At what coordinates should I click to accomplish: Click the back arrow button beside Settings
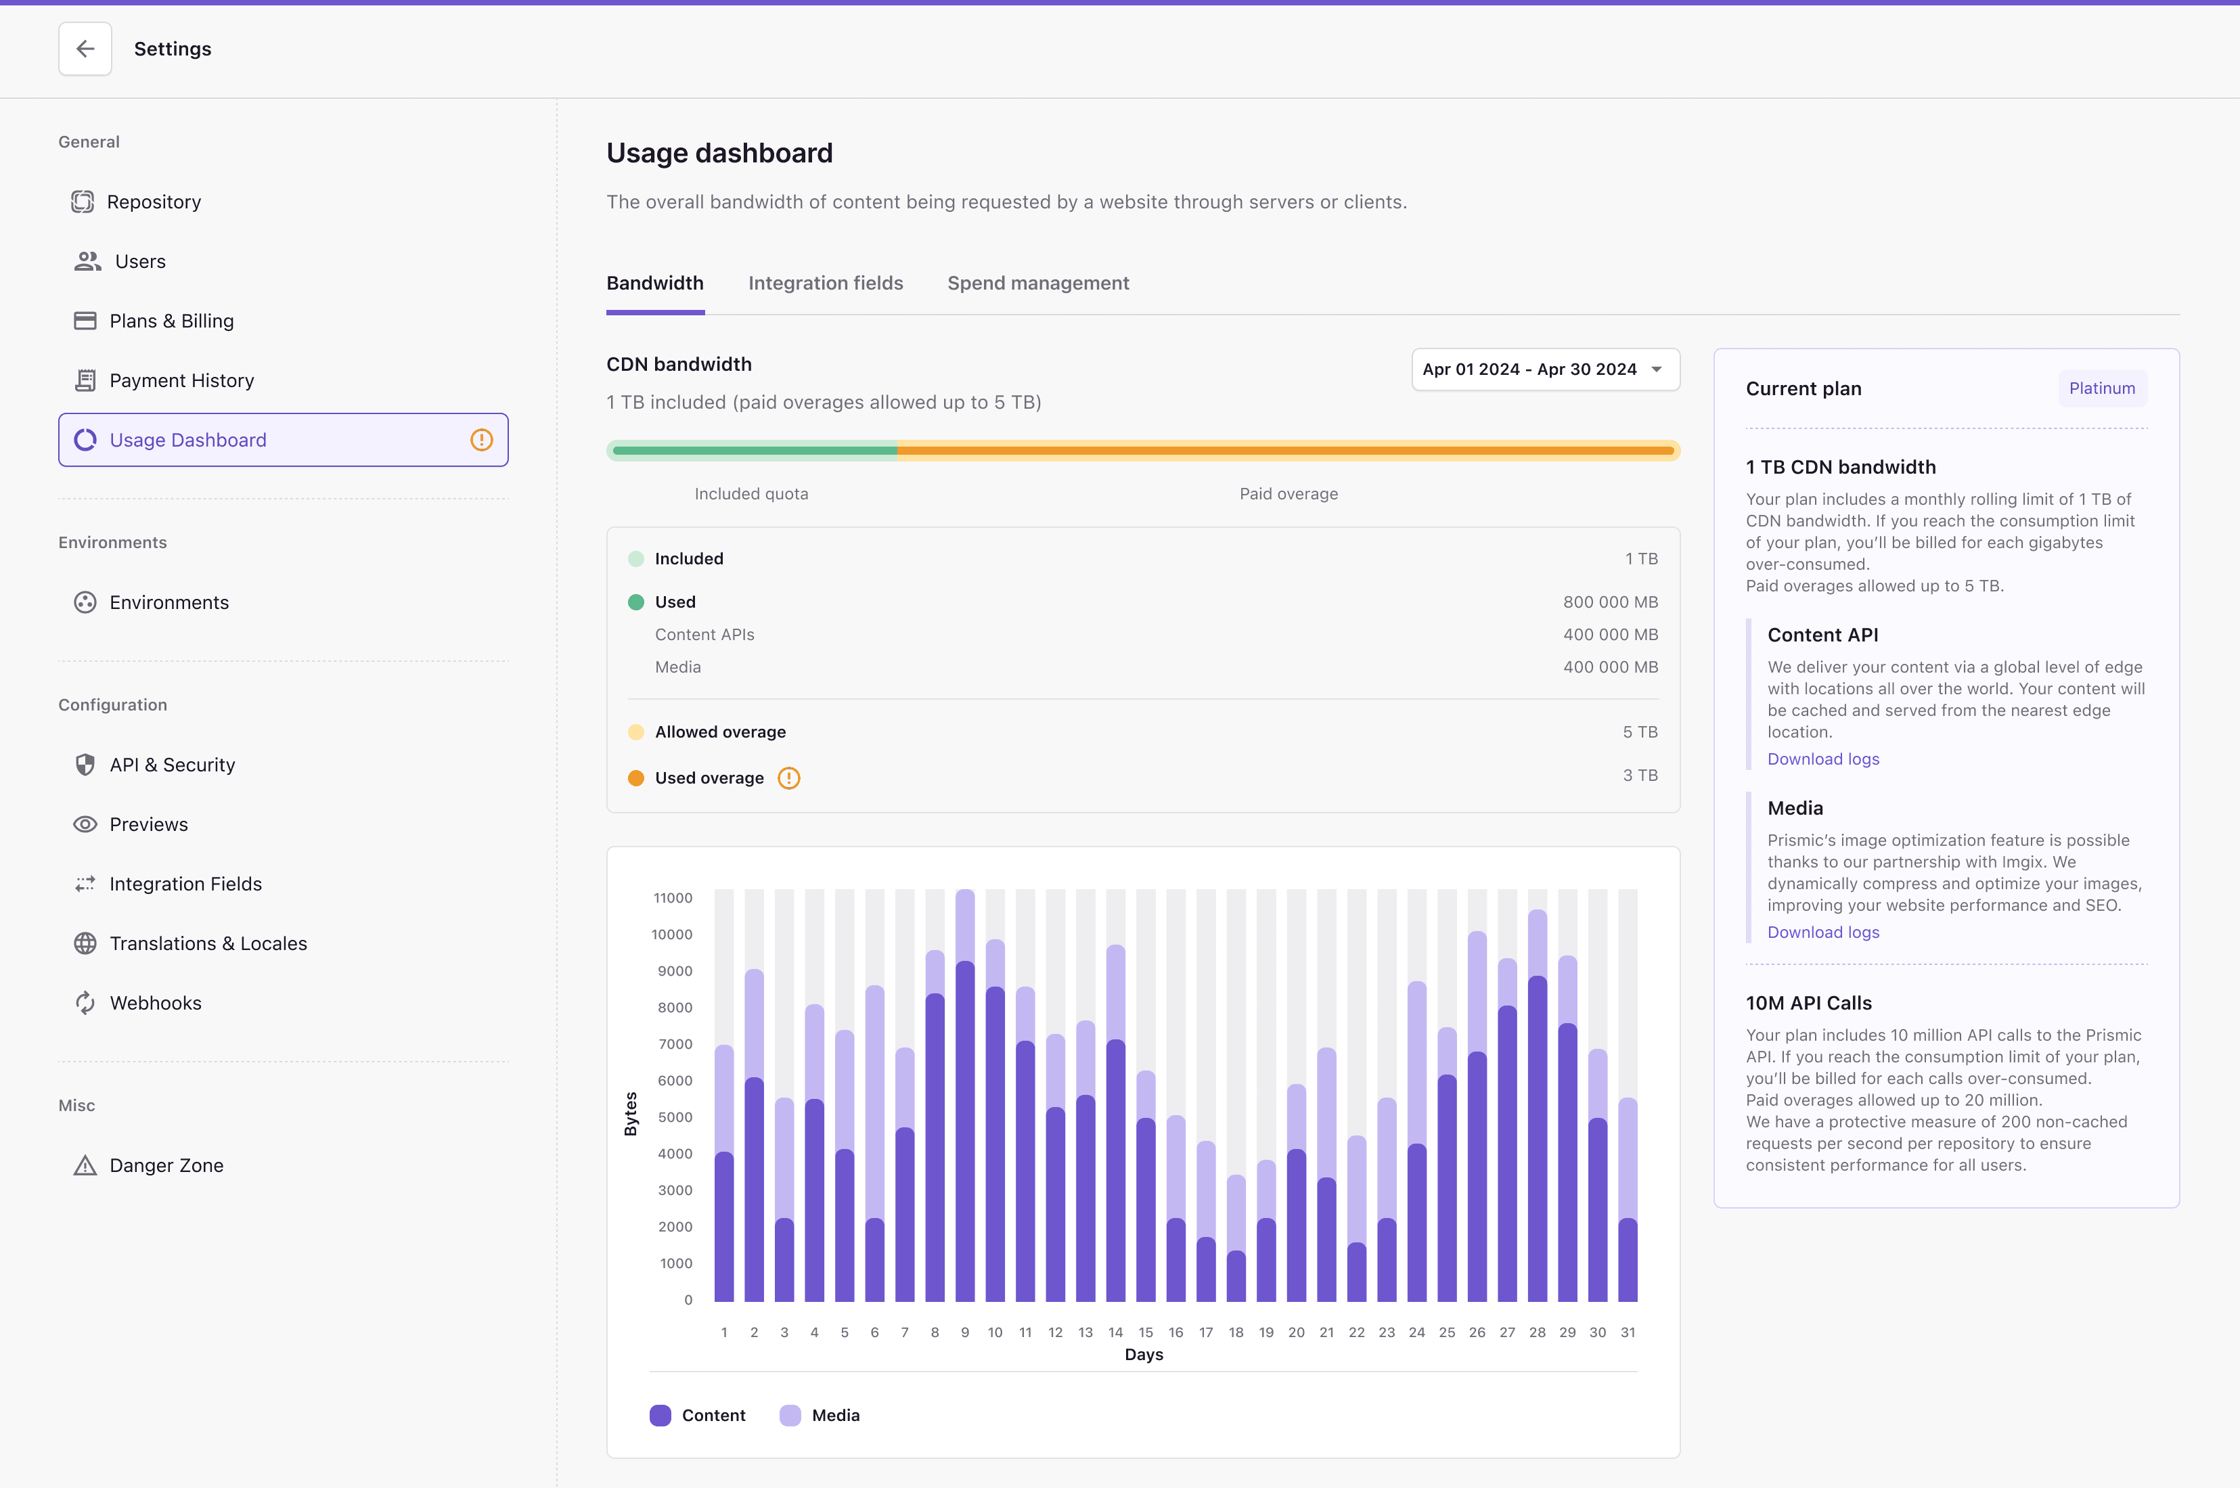tap(85, 49)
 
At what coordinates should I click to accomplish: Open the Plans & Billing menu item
tap(171, 321)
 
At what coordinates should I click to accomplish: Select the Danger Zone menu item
tap(166, 1165)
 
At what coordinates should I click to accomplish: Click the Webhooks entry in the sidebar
tap(155, 1003)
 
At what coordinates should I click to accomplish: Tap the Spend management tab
tap(1037, 283)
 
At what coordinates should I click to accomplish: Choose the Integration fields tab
tap(825, 283)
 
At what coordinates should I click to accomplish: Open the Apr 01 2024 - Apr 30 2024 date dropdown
tap(1544, 369)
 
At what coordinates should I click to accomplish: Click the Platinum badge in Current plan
tap(2101, 388)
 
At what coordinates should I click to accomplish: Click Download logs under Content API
tap(1822, 759)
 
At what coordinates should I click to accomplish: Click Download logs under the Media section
tap(1822, 932)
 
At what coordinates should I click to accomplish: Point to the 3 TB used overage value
tap(1639, 775)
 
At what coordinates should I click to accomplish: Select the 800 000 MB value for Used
tap(1610, 602)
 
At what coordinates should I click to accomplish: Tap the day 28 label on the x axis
tap(1537, 1332)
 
